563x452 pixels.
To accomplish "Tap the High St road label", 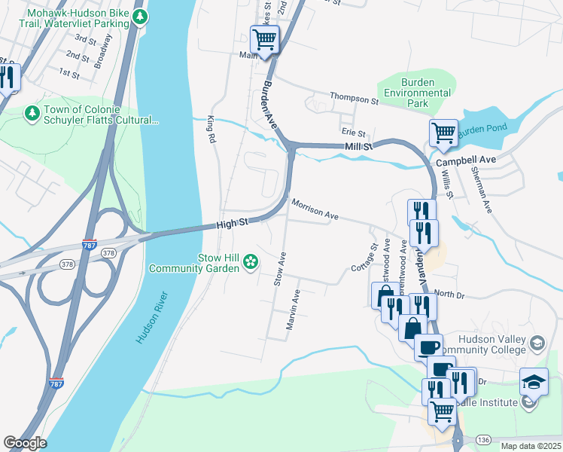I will [233, 224].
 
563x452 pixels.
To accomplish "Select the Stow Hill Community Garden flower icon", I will [251, 261].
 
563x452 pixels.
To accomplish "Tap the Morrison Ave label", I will [315, 209].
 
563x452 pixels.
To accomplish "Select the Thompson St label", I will [354, 99].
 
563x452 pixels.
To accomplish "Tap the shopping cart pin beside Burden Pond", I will [443, 134].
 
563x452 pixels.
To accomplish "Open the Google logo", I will [25, 443].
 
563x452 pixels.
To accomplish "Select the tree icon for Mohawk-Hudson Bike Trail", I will [138, 17].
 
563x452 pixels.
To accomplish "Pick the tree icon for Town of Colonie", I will [32, 113].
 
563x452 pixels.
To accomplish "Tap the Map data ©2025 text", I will [531, 446].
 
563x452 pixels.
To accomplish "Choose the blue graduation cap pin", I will [534, 382].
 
